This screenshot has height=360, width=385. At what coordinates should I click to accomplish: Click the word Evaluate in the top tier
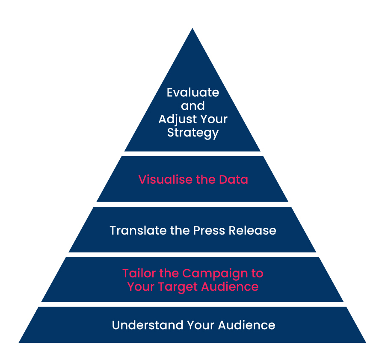click(x=193, y=92)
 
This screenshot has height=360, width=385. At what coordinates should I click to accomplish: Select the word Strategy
click(x=193, y=133)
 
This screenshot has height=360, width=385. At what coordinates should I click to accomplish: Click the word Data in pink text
click(x=233, y=179)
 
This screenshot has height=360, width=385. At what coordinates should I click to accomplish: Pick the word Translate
click(x=138, y=230)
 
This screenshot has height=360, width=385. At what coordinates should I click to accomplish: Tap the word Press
click(x=209, y=230)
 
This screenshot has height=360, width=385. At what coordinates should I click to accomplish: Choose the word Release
click(x=252, y=230)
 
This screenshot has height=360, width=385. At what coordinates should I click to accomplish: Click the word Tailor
click(x=139, y=273)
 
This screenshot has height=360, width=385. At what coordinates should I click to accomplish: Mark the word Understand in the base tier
click(x=148, y=325)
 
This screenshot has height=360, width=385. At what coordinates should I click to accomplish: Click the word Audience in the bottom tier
click(x=246, y=325)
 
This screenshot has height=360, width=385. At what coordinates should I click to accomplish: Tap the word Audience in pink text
click(x=230, y=286)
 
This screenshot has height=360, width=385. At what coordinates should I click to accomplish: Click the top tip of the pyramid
click(x=192, y=28)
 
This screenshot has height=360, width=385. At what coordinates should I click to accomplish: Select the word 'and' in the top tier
click(x=193, y=106)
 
